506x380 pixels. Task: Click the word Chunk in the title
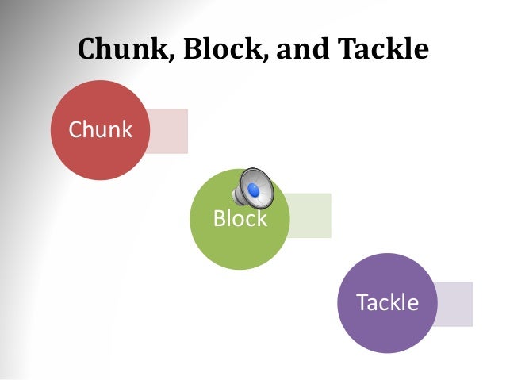click(x=125, y=49)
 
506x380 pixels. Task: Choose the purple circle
click(x=386, y=333)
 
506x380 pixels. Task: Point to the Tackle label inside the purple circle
click(x=387, y=303)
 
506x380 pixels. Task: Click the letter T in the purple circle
click(x=362, y=303)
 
